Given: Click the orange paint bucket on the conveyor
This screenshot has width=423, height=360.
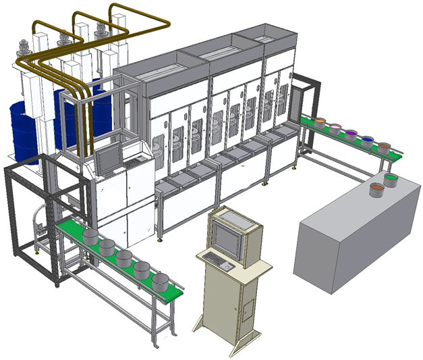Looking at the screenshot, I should point(384,146).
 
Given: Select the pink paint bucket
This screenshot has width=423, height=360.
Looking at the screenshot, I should point(335,128).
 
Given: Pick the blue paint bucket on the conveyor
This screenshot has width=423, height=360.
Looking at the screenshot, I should point(367,141).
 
